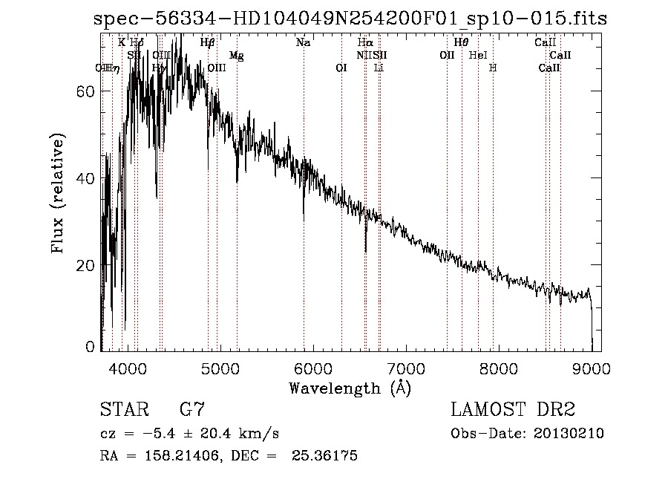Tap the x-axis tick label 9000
[591, 367]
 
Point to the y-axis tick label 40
[85, 178]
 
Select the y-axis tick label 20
[85, 265]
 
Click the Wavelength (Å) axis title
[350, 387]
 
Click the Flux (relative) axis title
[59, 193]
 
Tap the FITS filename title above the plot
[350, 19]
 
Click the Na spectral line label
[303, 43]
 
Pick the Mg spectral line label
[236, 56]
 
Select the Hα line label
[364, 43]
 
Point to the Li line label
[379, 68]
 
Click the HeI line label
[479, 55]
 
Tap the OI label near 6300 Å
[341, 68]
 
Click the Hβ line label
[208, 43]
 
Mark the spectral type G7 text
[192, 409]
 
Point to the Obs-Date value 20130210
[568, 433]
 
